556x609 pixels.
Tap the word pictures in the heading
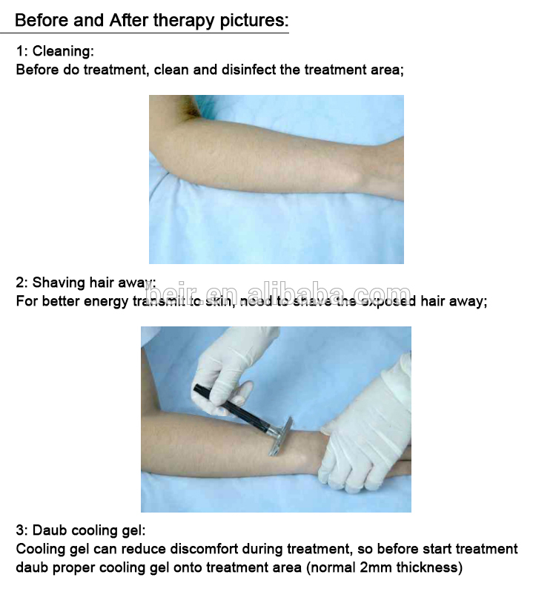254,21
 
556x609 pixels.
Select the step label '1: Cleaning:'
55,51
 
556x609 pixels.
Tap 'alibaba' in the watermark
297,292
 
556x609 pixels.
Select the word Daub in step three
50,530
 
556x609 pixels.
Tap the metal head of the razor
281,437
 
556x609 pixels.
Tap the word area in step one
388,70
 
